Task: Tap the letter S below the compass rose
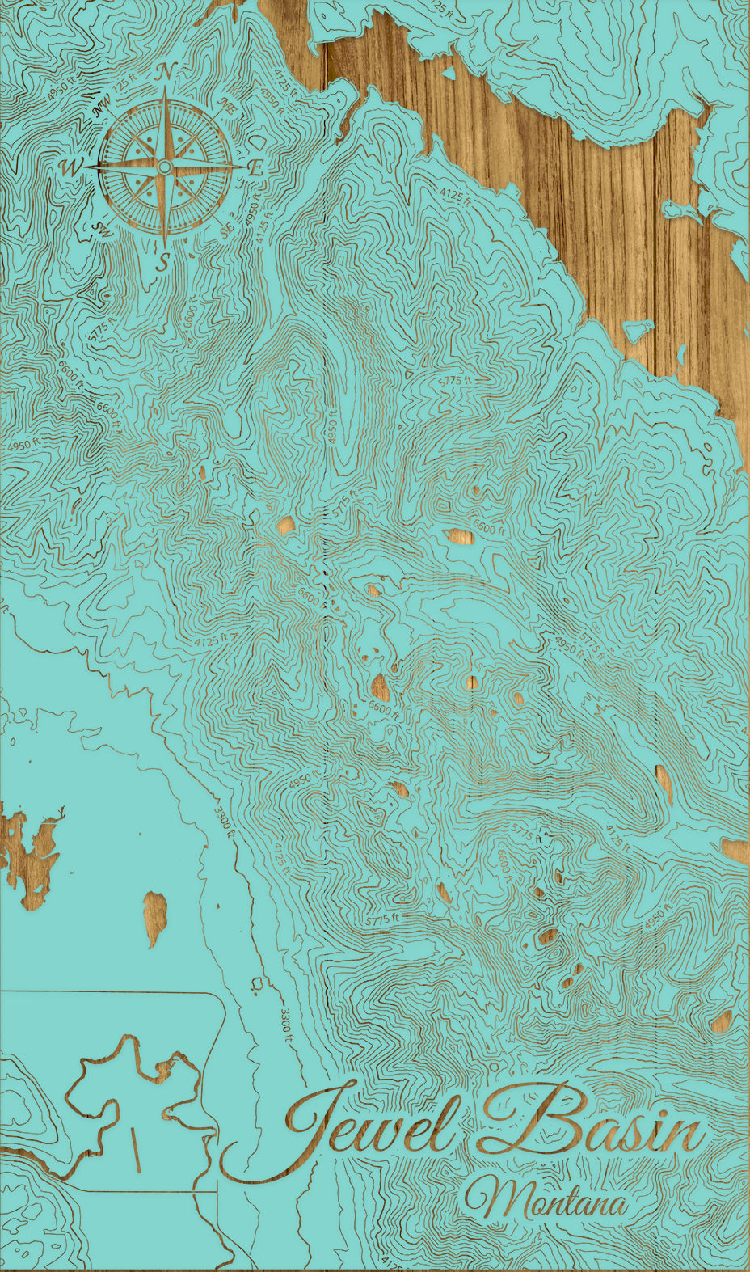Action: pos(163,262)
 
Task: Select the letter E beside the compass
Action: pos(255,168)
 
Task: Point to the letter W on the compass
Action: pos(71,167)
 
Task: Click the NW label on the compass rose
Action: pos(103,105)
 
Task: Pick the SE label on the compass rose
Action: pos(226,231)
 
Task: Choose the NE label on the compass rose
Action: pos(228,105)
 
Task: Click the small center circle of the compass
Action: pos(164,167)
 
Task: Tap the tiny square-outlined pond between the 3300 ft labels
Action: pos(256,983)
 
